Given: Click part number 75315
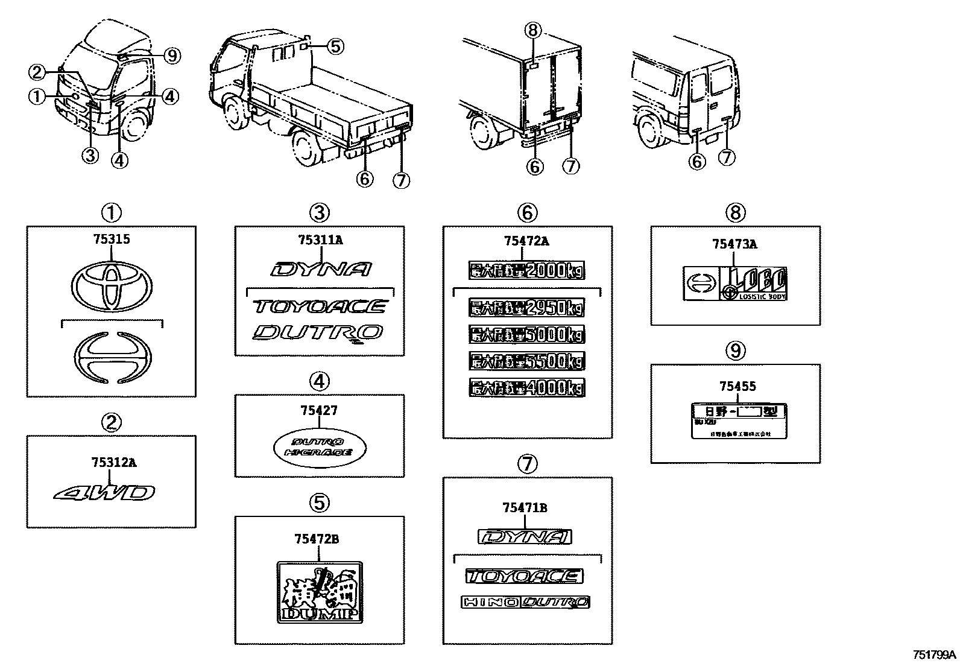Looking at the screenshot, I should [111, 239].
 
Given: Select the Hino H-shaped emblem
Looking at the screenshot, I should [112, 357].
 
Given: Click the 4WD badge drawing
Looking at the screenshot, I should [105, 493].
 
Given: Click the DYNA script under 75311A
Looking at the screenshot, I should [321, 270].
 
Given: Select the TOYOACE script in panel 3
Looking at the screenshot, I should [320, 306].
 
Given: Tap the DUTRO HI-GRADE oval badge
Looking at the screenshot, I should [320, 448].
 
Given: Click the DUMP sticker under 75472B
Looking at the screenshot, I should [320, 591].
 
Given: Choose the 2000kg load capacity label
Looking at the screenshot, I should [526, 271].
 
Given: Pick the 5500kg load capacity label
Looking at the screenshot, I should [526, 361].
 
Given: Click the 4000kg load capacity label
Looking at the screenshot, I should [526, 387].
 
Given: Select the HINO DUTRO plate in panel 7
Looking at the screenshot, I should [525, 601].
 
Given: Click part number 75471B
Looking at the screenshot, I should [525, 508].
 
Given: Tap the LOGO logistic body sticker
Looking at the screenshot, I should [736, 284].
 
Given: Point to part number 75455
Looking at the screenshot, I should [737, 386].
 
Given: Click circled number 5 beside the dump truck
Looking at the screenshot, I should [335, 46].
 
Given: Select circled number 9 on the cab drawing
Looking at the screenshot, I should [172, 56].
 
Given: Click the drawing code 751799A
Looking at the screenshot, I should [934, 655].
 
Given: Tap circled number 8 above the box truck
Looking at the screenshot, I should [534, 29].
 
